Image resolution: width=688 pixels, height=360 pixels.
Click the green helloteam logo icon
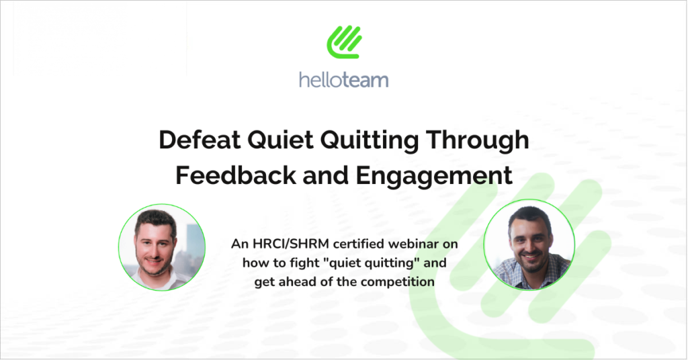point(344,42)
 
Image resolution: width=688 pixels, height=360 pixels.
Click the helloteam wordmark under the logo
point(343,80)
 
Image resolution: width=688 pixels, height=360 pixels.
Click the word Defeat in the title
point(200,140)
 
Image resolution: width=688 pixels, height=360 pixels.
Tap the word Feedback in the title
point(236,175)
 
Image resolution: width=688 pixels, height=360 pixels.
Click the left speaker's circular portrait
point(162,247)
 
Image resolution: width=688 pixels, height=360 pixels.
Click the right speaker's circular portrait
point(529,244)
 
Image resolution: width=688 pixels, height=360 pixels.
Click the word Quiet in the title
point(280,140)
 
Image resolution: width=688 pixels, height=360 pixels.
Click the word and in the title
point(326,175)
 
